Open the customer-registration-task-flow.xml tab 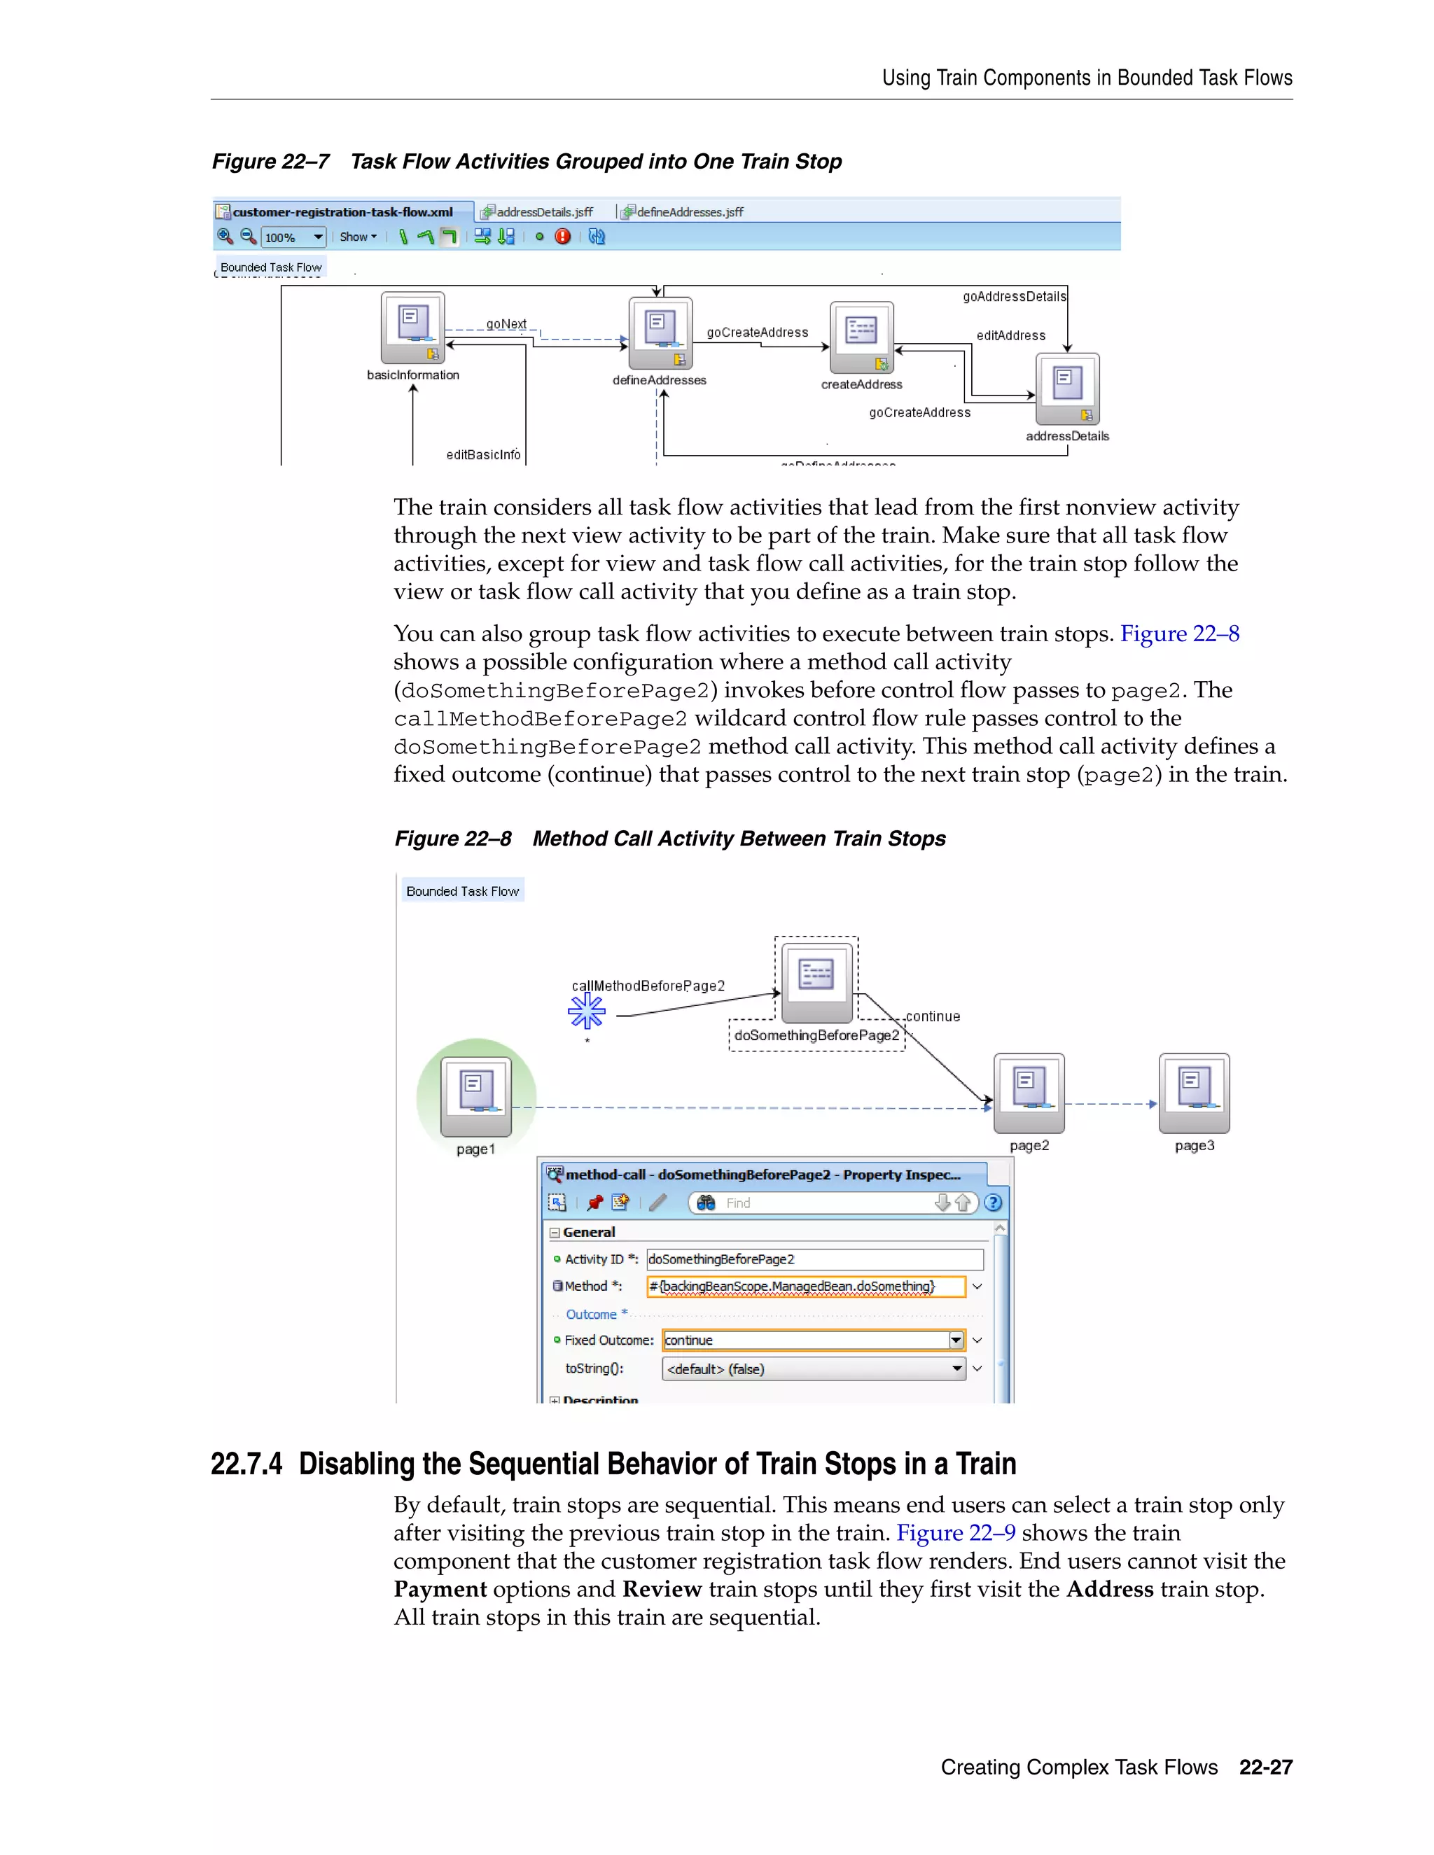tap(342, 212)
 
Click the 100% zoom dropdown tap(294, 237)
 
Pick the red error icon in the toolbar tap(562, 237)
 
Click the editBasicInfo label tap(483, 454)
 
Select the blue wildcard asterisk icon tap(586, 1011)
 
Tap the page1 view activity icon tap(475, 1095)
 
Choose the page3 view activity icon tap(1195, 1092)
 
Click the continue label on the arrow tap(933, 1016)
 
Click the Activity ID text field tap(814, 1259)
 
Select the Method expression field tap(805, 1286)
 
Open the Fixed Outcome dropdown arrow tap(956, 1340)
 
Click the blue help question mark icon tap(992, 1203)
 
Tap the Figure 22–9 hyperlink tap(956, 1532)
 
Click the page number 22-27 tap(1265, 1767)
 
